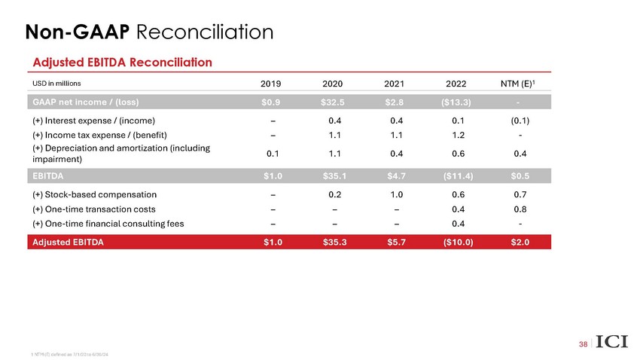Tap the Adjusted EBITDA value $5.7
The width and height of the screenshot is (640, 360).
coord(395,242)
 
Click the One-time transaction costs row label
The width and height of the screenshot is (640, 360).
coord(90,209)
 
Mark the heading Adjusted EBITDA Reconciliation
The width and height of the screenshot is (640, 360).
coord(121,60)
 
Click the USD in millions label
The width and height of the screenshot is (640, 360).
coord(56,83)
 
